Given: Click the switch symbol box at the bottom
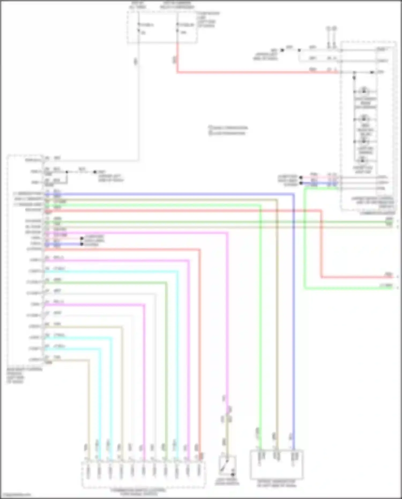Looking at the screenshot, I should pyautogui.click(x=227, y=466).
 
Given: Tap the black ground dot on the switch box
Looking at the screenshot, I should pyautogui.click(x=233, y=475).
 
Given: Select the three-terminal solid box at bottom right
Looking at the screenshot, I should pyautogui.click(x=276, y=465).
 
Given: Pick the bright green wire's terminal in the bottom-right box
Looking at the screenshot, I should pyautogui.click(x=260, y=456).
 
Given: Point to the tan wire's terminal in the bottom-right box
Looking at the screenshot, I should pyautogui.click(x=277, y=456).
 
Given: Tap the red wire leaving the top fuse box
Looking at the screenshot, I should pyautogui.click(x=241, y=72).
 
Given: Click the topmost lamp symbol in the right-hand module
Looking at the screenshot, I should pyautogui.click(x=364, y=91).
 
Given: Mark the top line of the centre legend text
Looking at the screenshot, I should pyautogui.click(x=228, y=127).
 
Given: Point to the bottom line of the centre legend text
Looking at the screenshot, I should pyautogui.click(x=227, y=133).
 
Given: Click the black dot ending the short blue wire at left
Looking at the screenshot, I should pyautogui.click(x=81, y=244).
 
